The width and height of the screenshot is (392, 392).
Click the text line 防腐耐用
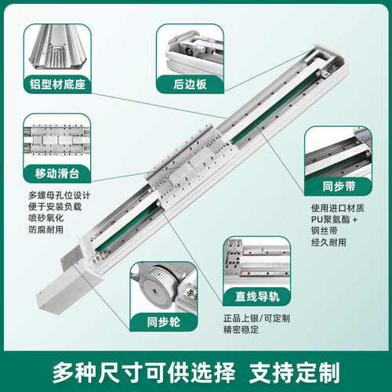pyautogui.click(x=45, y=231)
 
